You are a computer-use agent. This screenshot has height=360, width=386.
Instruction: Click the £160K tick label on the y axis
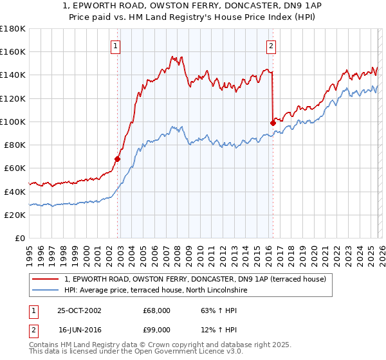tap(13, 52)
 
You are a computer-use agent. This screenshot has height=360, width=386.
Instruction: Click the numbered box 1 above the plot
tap(115, 46)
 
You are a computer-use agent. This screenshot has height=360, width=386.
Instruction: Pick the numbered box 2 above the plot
tap(271, 46)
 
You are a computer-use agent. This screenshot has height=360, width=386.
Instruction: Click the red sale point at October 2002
tap(118, 159)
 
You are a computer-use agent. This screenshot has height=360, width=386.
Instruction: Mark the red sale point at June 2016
tap(273, 122)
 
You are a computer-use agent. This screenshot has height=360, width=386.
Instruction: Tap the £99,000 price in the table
tap(157, 330)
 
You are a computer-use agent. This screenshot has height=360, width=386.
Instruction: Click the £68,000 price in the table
tap(157, 310)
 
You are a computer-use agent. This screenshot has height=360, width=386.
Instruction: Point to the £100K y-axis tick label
tap(13, 122)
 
